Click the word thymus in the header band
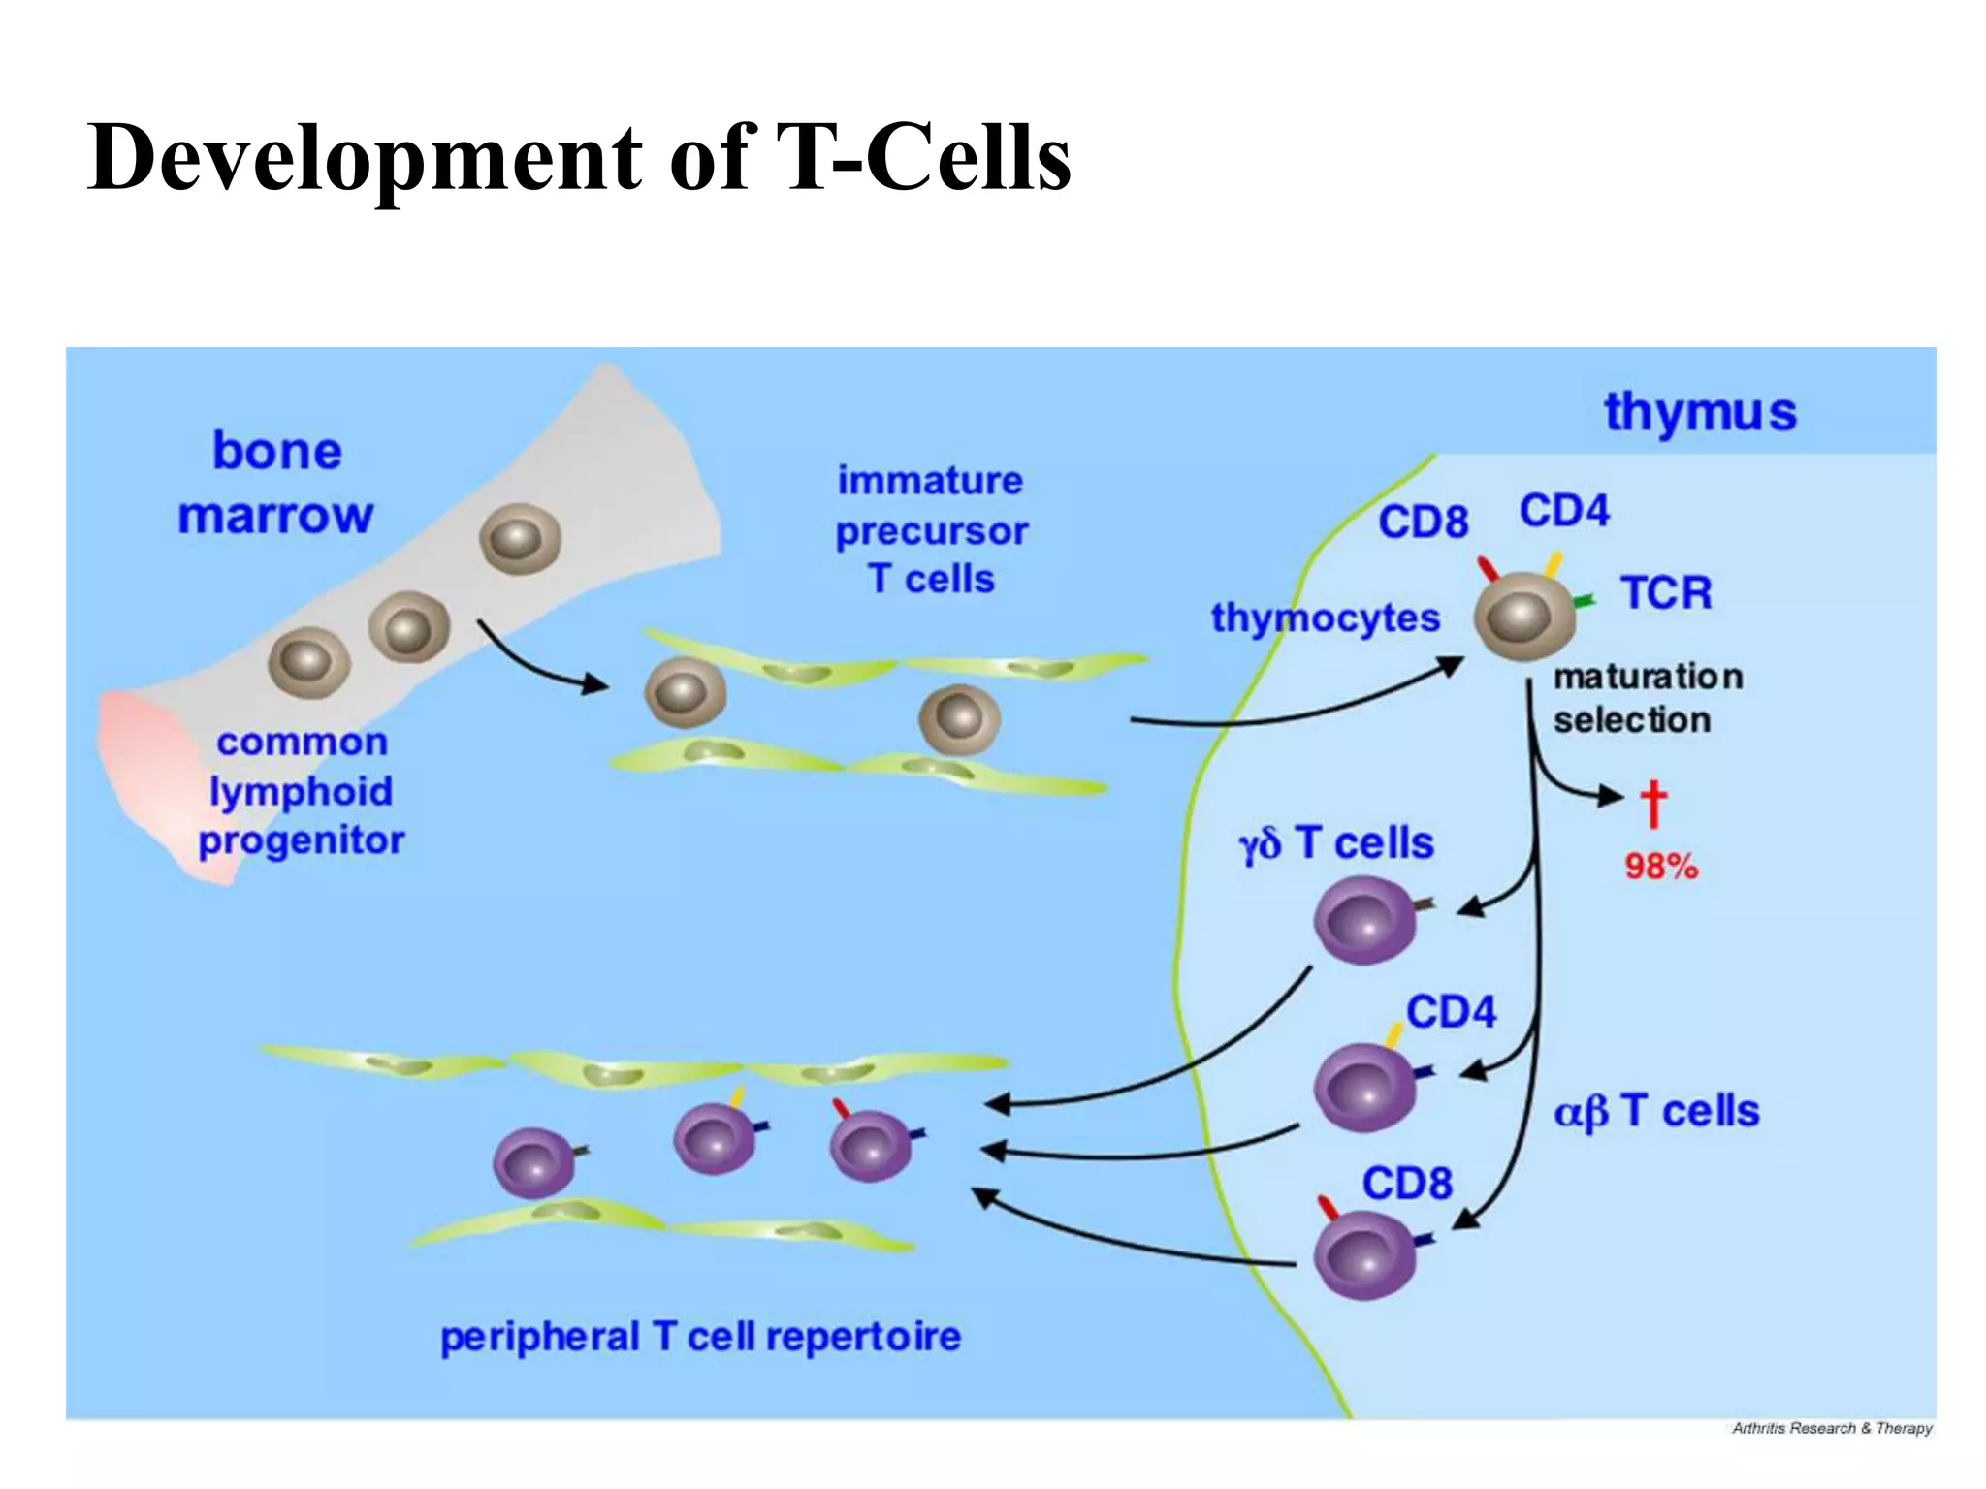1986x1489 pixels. [x=1700, y=412]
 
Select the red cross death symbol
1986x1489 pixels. [x=1652, y=805]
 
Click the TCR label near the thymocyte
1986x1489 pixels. [x=1666, y=592]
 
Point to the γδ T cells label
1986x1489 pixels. [x=1336, y=843]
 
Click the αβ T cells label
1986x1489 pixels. [x=1656, y=1111]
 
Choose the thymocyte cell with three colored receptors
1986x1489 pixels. [x=1523, y=617]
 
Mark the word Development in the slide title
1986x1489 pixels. [x=365, y=158]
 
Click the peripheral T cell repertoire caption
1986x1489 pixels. [x=700, y=1337]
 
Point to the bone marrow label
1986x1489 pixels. [x=276, y=483]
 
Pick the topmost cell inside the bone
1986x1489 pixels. [x=520, y=539]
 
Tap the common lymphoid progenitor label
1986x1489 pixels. [x=302, y=791]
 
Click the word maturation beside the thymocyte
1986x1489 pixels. [x=1648, y=677]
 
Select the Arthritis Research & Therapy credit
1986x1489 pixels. [x=1831, y=1428]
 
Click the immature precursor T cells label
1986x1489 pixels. [x=931, y=529]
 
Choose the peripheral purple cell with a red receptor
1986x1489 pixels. [x=870, y=1146]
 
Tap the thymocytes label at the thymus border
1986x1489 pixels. [x=1325, y=618]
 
